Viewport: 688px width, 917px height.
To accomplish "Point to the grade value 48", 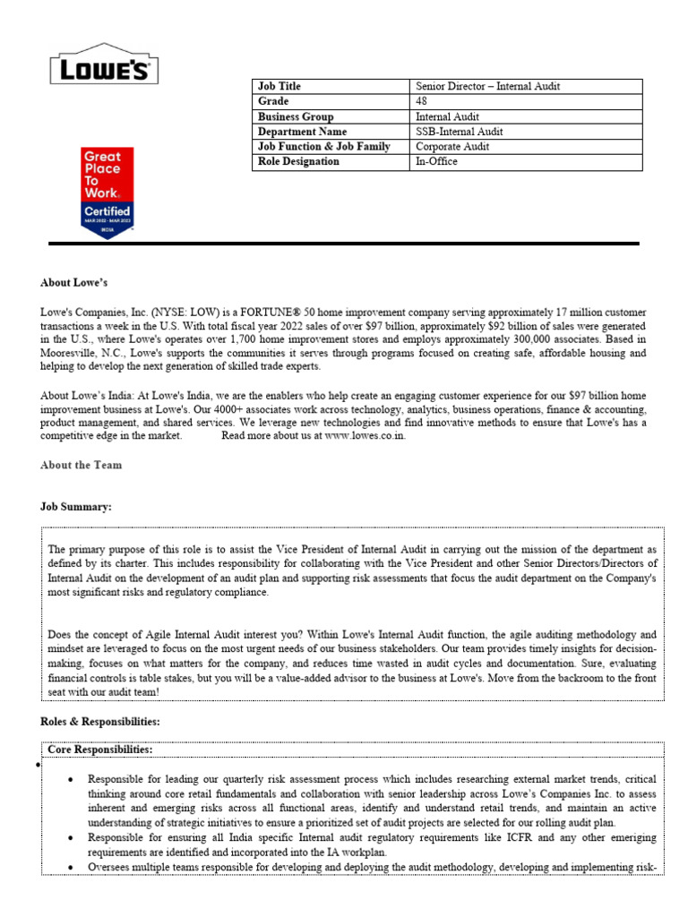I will click(422, 101).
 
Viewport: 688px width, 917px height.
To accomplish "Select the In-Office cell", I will click(436, 162).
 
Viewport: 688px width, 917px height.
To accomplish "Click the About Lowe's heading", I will click(73, 283).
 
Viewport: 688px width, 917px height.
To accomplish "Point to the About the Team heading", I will click(82, 465).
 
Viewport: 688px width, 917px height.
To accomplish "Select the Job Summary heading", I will click(76, 508).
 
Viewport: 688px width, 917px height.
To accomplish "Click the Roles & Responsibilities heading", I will click(100, 721).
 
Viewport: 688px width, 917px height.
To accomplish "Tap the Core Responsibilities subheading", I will click(99, 749).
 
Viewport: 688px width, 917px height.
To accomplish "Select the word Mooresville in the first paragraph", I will click(69, 354).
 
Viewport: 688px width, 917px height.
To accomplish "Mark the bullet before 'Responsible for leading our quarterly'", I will click(72, 780).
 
